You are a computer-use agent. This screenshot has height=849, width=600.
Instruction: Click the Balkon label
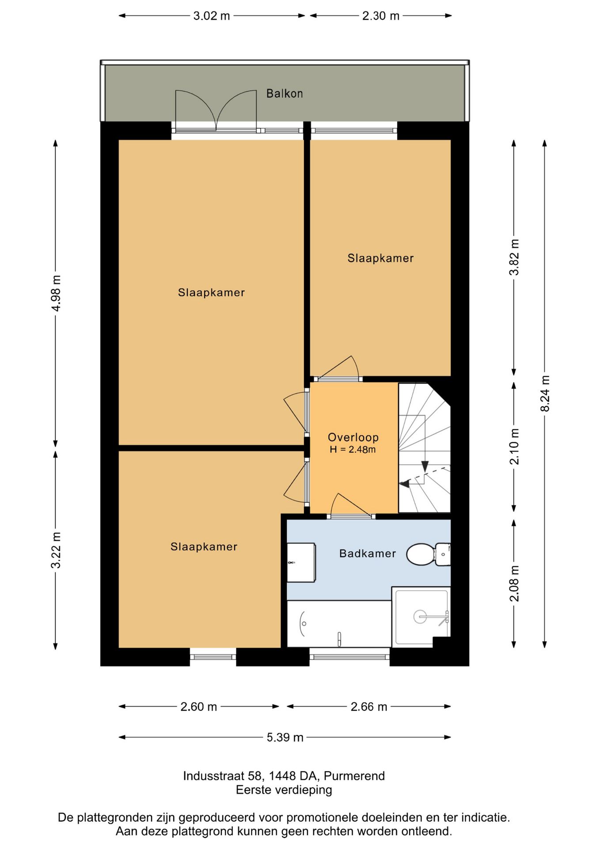click(x=285, y=93)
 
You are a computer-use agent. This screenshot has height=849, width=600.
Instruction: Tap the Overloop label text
click(x=353, y=437)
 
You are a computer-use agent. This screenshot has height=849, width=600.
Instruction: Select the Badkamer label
click(x=368, y=553)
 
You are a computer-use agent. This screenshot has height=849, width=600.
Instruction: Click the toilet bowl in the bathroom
click(x=420, y=555)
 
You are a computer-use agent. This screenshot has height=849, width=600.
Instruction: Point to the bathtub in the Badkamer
click(x=339, y=624)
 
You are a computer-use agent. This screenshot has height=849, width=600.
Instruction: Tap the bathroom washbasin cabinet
click(x=301, y=562)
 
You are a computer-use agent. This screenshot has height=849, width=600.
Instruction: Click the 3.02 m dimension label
click(x=212, y=16)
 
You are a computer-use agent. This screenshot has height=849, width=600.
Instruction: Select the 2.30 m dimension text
click(x=381, y=16)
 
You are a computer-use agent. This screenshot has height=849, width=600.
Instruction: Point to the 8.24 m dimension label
click(x=545, y=394)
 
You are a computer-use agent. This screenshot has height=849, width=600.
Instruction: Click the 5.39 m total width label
click(x=285, y=737)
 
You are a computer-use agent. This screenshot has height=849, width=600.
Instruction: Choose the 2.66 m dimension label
click(x=369, y=707)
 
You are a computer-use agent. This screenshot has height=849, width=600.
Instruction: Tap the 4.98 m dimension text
click(x=56, y=293)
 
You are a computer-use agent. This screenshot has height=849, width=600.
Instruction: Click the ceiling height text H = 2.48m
click(x=353, y=450)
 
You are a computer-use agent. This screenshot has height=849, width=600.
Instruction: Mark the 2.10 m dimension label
click(x=514, y=447)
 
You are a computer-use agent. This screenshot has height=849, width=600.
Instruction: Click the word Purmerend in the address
click(x=354, y=776)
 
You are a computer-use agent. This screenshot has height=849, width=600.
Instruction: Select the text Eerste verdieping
click(x=284, y=790)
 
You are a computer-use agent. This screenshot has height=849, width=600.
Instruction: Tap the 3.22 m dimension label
click(x=56, y=550)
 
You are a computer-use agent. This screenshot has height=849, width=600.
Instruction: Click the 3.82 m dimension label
click(x=514, y=257)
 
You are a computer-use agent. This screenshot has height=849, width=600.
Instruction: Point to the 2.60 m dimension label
click(x=199, y=707)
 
